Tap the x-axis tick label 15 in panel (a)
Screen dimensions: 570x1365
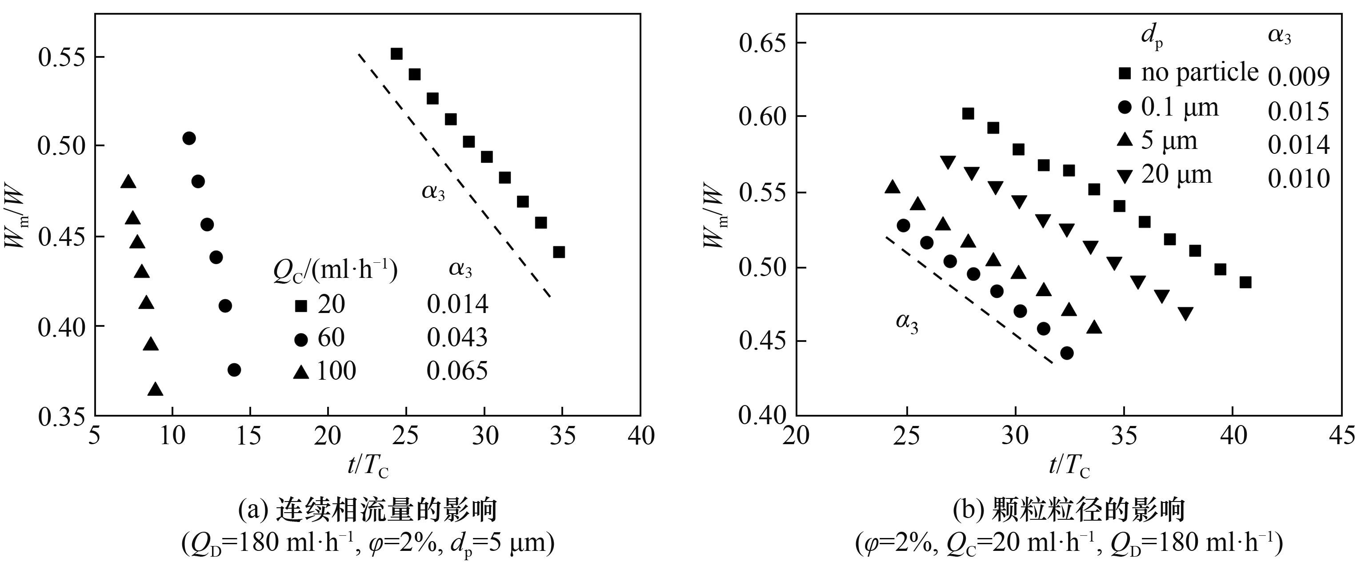250,436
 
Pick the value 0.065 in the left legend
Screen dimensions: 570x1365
457,371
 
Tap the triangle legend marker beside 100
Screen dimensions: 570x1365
301,372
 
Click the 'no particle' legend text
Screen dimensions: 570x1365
1200,72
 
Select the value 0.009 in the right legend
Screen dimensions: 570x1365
1299,77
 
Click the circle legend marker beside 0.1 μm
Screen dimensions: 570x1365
1125,108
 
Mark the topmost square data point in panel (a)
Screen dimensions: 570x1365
396,53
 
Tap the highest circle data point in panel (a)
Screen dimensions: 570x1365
189,138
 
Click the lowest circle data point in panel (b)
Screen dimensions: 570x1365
1067,353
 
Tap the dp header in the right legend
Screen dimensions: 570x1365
1152,38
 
